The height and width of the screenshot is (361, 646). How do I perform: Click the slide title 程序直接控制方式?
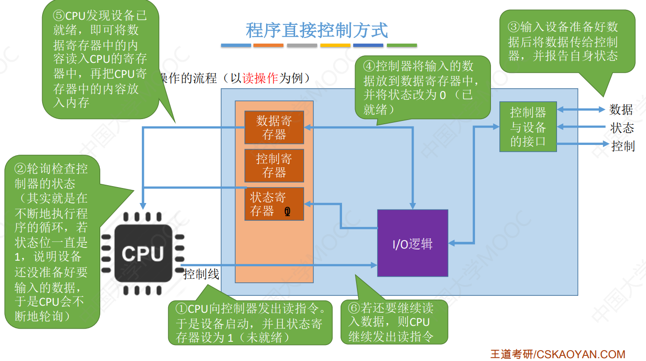click(317, 30)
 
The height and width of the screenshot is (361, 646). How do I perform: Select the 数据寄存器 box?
click(274, 128)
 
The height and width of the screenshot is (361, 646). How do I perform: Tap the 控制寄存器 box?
click(274, 165)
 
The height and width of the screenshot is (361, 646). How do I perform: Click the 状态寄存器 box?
click(274, 204)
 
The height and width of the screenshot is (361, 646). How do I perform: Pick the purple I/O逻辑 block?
click(412, 243)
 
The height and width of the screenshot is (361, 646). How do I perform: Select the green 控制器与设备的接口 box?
click(528, 127)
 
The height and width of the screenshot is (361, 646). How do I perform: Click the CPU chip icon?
click(143, 253)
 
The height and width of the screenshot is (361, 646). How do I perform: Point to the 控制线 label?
click(201, 274)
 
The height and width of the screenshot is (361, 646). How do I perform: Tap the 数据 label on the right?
click(621, 110)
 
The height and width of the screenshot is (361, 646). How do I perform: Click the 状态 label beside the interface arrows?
click(622, 128)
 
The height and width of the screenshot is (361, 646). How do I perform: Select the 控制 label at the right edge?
click(623, 146)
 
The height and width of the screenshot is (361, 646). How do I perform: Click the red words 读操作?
click(260, 78)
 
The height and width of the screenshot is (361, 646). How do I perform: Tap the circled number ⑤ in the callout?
click(59, 15)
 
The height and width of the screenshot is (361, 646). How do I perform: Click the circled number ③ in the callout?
click(514, 27)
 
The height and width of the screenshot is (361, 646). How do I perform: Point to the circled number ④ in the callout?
click(370, 66)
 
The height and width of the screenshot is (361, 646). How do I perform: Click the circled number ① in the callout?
click(181, 309)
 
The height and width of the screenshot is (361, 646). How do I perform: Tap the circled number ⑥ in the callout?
click(354, 308)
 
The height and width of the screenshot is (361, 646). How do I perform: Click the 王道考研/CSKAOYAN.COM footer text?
click(557, 354)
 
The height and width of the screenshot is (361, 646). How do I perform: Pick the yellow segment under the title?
click(335, 45)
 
